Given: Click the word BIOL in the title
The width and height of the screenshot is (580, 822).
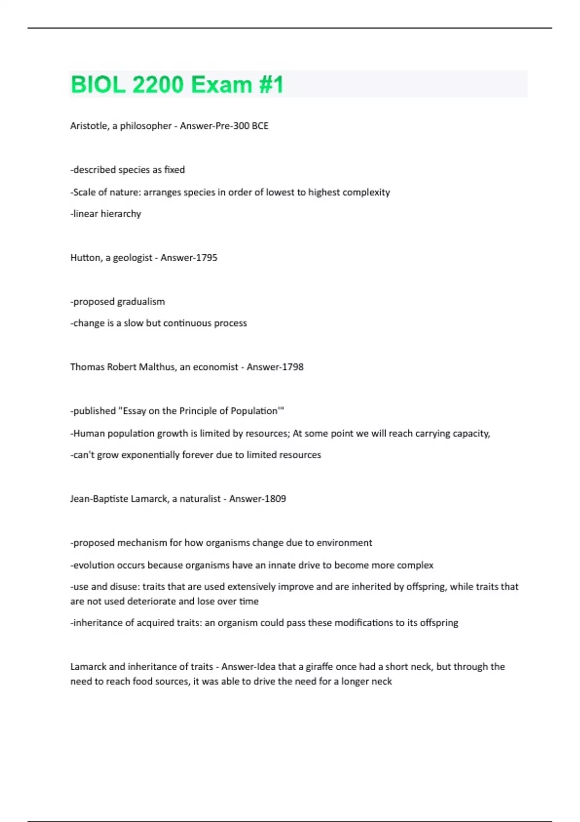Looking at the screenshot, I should [x=98, y=85].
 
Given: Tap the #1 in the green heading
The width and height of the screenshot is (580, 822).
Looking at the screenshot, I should [x=271, y=85].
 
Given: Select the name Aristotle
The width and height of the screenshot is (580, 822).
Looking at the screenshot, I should [x=89, y=126].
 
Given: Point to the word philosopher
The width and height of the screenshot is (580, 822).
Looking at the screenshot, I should [x=145, y=126].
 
